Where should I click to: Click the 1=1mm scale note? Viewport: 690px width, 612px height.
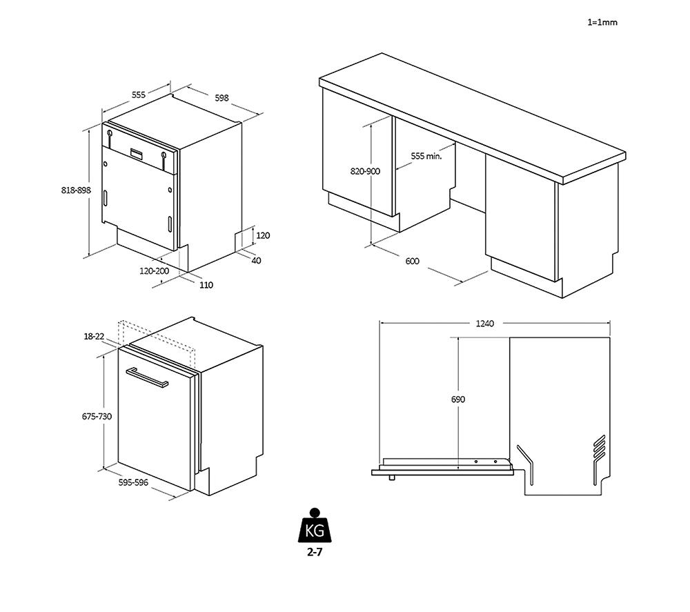pos(602,22)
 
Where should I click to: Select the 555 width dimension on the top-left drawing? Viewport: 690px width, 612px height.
pos(139,95)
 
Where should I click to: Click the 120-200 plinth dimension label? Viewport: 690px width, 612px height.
pos(154,271)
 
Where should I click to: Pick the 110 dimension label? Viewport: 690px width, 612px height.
pos(206,284)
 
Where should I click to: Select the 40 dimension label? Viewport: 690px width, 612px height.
pos(256,260)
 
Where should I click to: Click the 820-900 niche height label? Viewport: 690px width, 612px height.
pos(366,171)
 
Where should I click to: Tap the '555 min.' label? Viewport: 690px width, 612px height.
pos(426,156)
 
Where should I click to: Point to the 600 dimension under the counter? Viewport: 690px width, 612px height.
pos(412,261)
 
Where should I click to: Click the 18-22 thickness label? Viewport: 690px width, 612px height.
pos(94,336)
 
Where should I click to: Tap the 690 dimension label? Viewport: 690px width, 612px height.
pos(458,399)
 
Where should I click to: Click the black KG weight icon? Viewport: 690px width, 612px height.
pos(315,528)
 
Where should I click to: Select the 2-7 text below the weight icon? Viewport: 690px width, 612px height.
pos(315,553)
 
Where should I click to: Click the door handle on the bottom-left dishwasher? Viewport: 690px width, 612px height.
pos(146,378)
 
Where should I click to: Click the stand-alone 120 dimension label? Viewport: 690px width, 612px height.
pos(263,235)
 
